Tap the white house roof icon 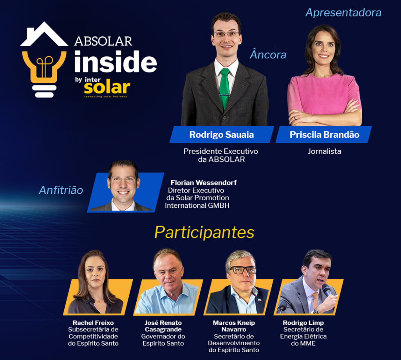pyautogui.click(x=44, y=34)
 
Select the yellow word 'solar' pyautogui.click(x=107, y=88)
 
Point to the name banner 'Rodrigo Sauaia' pyautogui.click(x=222, y=134)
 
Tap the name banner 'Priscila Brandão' pyautogui.click(x=324, y=134)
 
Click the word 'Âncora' pyautogui.click(x=268, y=54)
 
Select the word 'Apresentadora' pyautogui.click(x=343, y=13)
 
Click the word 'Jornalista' pyautogui.click(x=324, y=151)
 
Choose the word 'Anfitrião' pyautogui.click(x=61, y=190)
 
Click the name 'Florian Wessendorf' pyautogui.click(x=204, y=183)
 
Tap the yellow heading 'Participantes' pyautogui.click(x=204, y=232)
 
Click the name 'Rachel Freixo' pyautogui.click(x=93, y=323)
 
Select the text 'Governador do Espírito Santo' pyautogui.click(x=163, y=340)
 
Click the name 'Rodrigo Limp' pyautogui.click(x=303, y=323)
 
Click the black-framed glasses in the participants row pyautogui.click(x=243, y=270)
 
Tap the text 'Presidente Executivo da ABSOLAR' pyautogui.click(x=220, y=155)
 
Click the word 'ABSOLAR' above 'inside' pyautogui.click(x=103, y=41)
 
